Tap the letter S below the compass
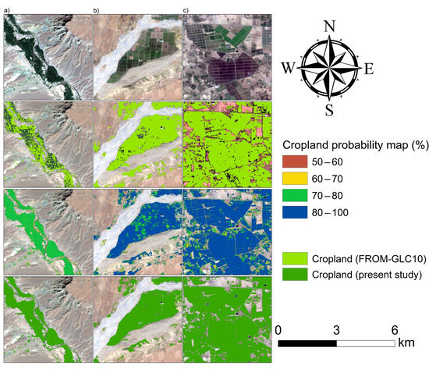pos(330,108)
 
